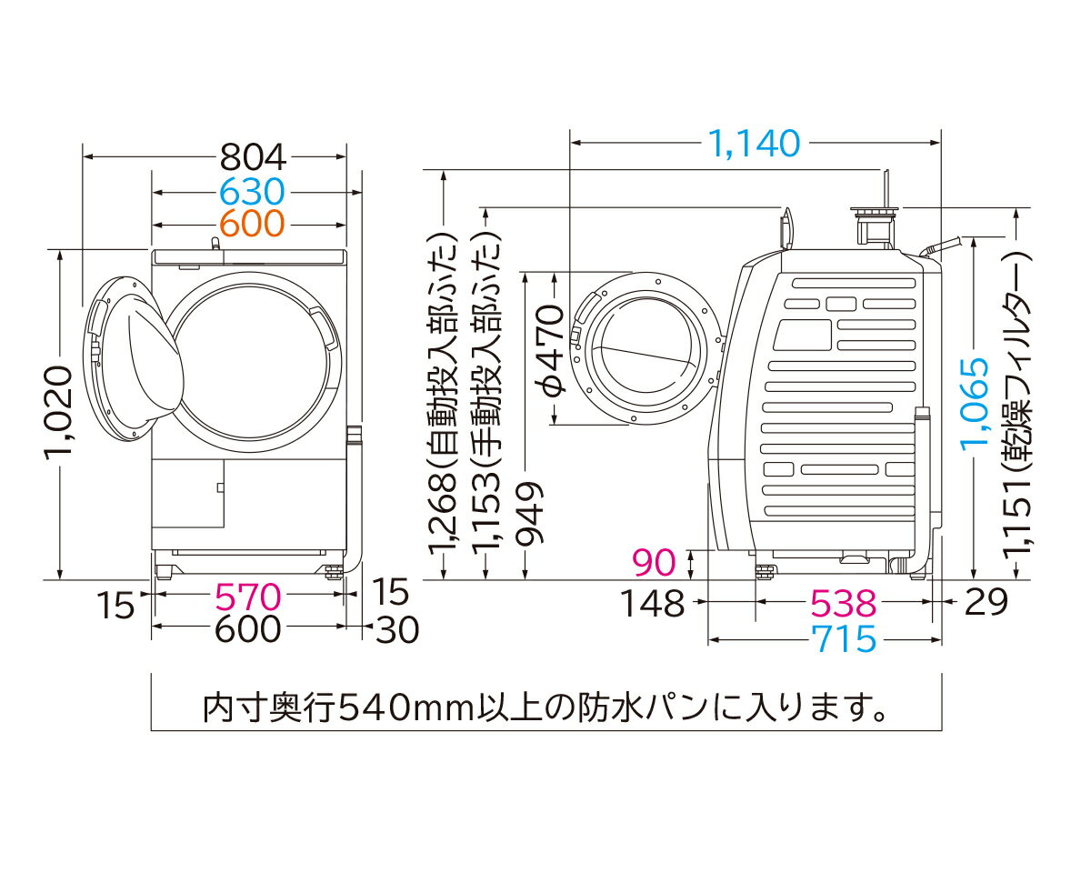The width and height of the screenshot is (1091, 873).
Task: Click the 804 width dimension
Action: [x=252, y=158]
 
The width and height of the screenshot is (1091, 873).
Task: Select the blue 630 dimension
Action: [x=252, y=192]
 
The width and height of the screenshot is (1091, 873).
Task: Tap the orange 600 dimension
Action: [x=252, y=223]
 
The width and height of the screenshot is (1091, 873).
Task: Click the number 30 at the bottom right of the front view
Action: [x=396, y=628]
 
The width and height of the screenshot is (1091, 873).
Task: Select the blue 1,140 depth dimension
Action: [x=754, y=143]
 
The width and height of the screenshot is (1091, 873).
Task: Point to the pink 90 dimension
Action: [x=655, y=563]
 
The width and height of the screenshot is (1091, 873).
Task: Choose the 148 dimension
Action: [x=653, y=602]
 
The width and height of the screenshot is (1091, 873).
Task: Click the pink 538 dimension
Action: [x=844, y=602]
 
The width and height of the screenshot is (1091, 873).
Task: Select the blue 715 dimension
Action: [x=845, y=639]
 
